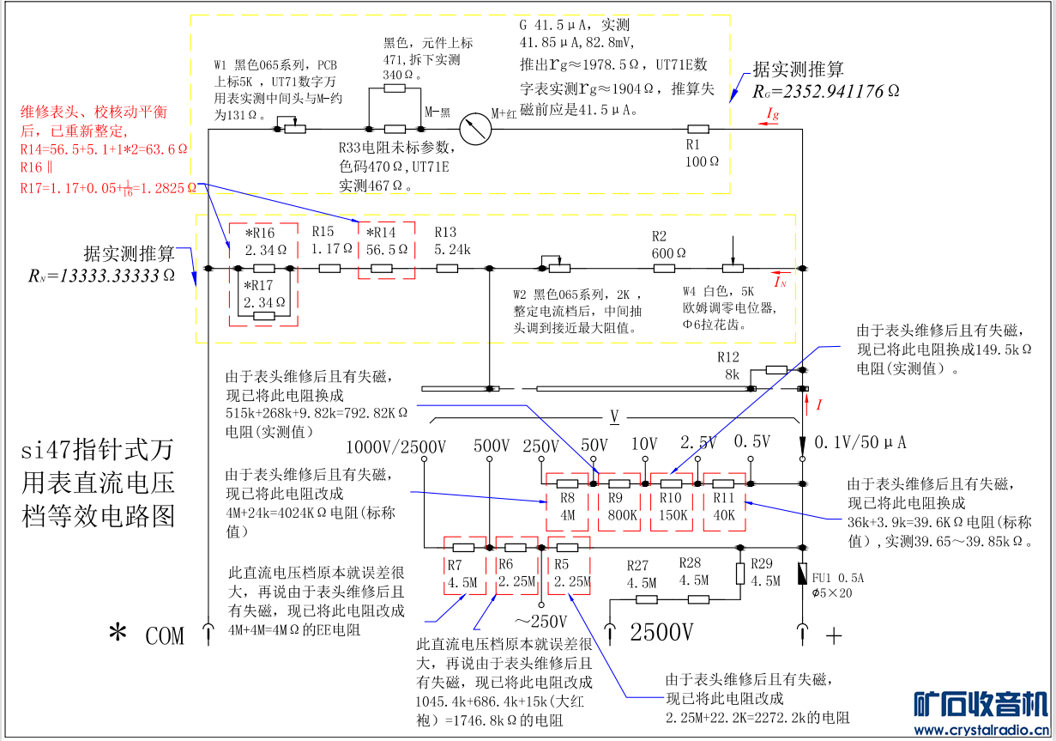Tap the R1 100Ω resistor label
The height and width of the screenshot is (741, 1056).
click(x=702, y=154)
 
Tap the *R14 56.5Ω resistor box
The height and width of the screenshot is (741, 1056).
click(x=385, y=251)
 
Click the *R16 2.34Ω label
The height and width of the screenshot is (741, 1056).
click(x=264, y=241)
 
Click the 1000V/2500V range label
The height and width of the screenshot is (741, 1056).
click(x=395, y=447)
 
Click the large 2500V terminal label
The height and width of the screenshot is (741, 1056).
click(x=661, y=634)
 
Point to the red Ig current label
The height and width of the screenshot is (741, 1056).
click(x=772, y=115)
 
